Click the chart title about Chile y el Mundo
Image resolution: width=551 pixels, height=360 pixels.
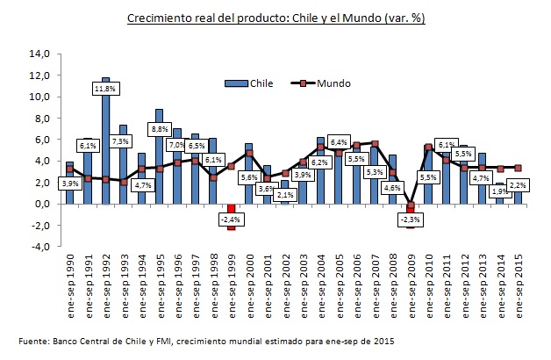tap(275, 18)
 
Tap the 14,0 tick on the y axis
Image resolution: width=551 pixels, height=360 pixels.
tap(39, 54)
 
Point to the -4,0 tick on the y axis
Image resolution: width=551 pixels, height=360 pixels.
tap(39, 247)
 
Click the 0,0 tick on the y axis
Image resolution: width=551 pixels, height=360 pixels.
tap(39, 204)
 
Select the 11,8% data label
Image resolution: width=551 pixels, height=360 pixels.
tap(105, 89)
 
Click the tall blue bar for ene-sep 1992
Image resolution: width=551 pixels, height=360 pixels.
tap(105, 140)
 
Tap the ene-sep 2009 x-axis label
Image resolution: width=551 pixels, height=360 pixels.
tap(411, 281)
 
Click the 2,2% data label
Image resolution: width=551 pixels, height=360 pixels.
tap(518, 186)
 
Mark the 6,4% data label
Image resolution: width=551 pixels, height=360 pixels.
tap(338, 141)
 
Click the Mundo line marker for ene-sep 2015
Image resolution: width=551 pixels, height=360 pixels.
tap(518, 168)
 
